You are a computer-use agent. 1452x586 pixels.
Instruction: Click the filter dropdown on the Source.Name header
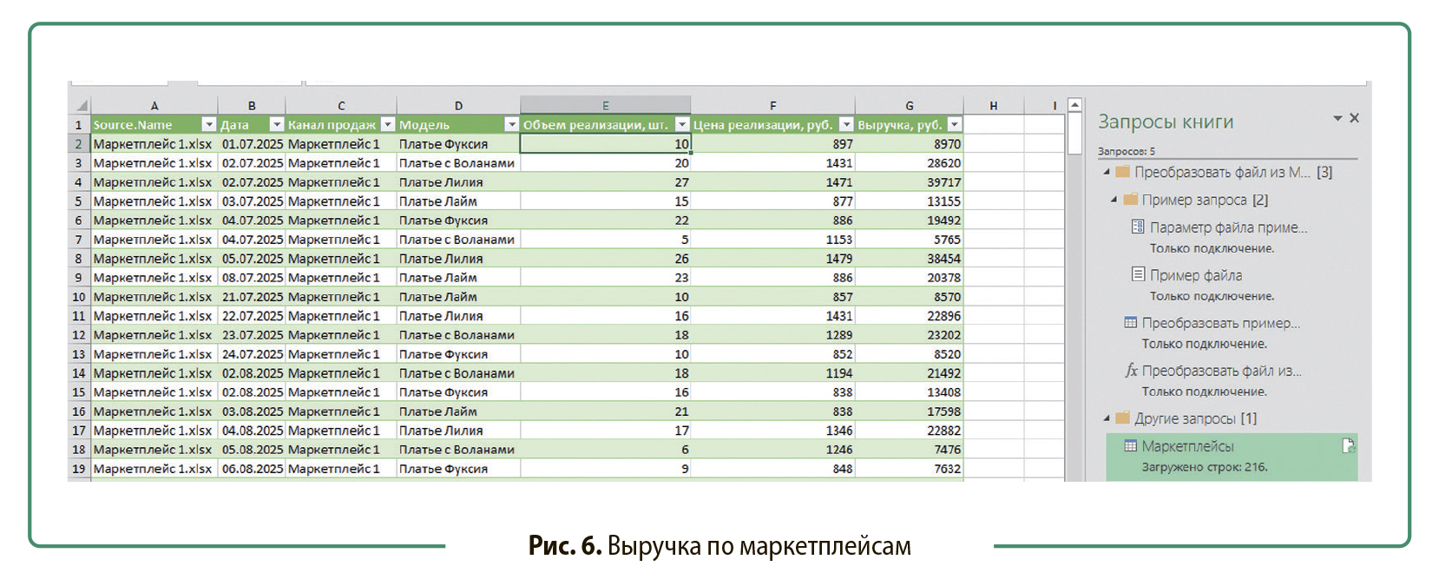pyautogui.click(x=208, y=125)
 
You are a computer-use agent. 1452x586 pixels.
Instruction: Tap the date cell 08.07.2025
pyautogui.click(x=252, y=278)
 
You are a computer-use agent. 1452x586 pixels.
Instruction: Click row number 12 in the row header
pyautogui.click(x=79, y=335)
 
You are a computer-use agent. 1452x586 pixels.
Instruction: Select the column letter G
pyautogui.click(x=909, y=106)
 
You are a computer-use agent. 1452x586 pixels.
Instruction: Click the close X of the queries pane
pyautogui.click(x=1354, y=118)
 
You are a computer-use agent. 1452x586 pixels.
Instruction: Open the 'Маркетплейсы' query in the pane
pyautogui.click(x=1187, y=446)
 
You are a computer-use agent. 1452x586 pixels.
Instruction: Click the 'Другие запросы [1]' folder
pyautogui.click(x=1194, y=418)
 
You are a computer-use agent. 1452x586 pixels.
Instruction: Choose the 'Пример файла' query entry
pyautogui.click(x=1195, y=275)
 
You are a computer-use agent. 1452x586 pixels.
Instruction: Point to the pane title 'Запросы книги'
pyautogui.click(x=1166, y=122)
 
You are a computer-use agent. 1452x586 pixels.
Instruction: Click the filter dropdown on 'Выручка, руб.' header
pyautogui.click(x=954, y=125)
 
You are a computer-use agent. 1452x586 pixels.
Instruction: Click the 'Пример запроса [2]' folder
pyautogui.click(x=1204, y=200)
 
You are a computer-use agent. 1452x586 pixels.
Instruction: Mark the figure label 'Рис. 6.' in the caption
pyautogui.click(x=564, y=546)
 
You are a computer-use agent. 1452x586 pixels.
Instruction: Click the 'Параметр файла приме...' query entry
pyautogui.click(x=1227, y=227)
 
